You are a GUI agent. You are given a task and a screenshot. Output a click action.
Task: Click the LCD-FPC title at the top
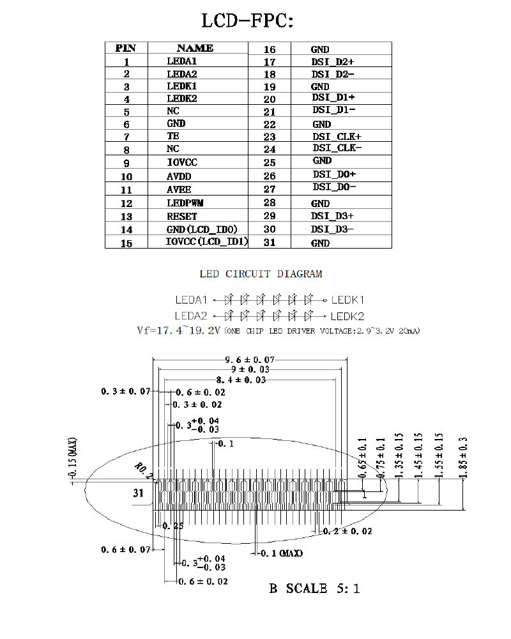tap(247, 21)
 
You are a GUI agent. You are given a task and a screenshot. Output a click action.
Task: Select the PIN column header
tap(125, 48)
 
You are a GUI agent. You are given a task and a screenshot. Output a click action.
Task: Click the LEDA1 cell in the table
tap(182, 61)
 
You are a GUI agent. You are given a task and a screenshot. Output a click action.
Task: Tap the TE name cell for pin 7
tap(172, 135)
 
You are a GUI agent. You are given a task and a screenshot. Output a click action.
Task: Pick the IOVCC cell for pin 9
tap(182, 162)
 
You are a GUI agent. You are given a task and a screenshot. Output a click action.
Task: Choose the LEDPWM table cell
tap(185, 203)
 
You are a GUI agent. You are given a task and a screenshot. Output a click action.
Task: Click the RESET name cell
tap(182, 217)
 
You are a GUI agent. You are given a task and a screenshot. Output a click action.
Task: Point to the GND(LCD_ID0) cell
tap(202, 229)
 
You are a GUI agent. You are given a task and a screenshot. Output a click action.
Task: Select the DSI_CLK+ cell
tap(337, 137)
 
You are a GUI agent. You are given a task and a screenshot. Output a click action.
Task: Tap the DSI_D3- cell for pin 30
tap(332, 229)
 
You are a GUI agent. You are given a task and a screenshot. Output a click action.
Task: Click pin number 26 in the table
tap(270, 176)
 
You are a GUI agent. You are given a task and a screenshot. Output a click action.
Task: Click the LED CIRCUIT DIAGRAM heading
tap(261, 274)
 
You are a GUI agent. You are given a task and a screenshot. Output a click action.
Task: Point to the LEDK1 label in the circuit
tap(347, 300)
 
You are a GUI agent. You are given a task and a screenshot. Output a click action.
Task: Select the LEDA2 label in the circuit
tap(191, 316)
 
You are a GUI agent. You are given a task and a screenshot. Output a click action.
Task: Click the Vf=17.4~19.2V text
tap(178, 330)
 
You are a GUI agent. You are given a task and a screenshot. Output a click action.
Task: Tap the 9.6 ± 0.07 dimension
tap(250, 360)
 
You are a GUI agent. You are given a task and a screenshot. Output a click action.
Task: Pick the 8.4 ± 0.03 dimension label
tap(241, 380)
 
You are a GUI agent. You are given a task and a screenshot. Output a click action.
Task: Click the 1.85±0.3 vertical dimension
tap(463, 458)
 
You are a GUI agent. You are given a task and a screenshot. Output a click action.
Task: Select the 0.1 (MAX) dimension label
tap(282, 553)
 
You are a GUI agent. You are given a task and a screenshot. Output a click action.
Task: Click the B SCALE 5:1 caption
tap(314, 589)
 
